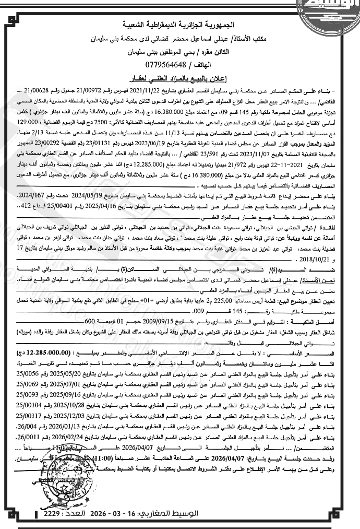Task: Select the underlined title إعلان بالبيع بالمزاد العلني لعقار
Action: pyautogui.click(x=179, y=78)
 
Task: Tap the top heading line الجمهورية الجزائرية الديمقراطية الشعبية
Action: pyautogui.click(x=179, y=25)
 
